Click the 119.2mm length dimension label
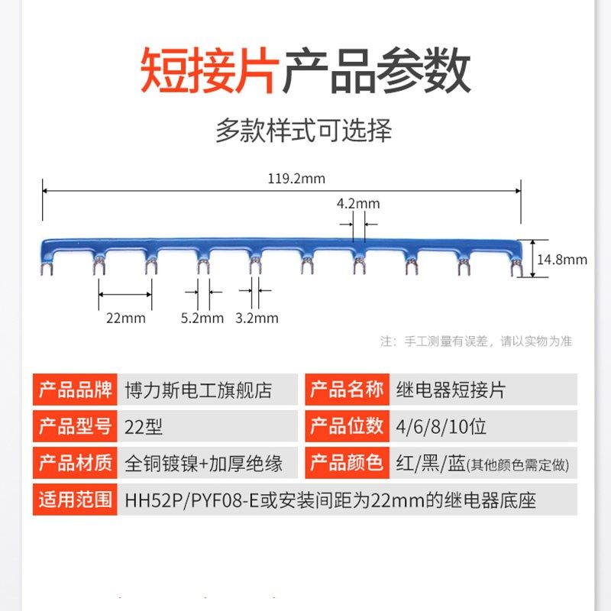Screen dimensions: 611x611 pyautogui.click(x=296, y=179)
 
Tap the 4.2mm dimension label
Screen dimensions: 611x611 pyautogui.click(x=358, y=204)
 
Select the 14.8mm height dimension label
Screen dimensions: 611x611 pyautogui.click(x=562, y=260)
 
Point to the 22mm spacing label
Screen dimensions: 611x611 pyautogui.click(x=125, y=318)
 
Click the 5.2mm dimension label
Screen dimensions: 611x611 pyautogui.click(x=202, y=318)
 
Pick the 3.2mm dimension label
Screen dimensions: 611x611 pyautogui.click(x=257, y=318)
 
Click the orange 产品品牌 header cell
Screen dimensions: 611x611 pyautogui.click(x=76, y=390)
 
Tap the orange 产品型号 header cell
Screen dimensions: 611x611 pyautogui.click(x=76, y=426)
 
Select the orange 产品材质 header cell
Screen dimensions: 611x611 pyautogui.click(x=76, y=463)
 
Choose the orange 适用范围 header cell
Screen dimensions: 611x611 pyautogui.click(x=76, y=500)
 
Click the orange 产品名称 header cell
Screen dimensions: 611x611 pyautogui.click(x=346, y=390)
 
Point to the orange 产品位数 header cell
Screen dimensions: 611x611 pyautogui.click(x=346, y=426)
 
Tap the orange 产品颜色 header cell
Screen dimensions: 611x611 pyautogui.click(x=346, y=463)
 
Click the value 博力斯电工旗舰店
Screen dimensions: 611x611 pyautogui.click(x=198, y=390)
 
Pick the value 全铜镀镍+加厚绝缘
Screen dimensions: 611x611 pyautogui.click(x=204, y=463)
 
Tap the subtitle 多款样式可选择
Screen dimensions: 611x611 pyautogui.click(x=303, y=131)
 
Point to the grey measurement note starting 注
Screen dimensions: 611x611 pyautogui.click(x=476, y=341)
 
